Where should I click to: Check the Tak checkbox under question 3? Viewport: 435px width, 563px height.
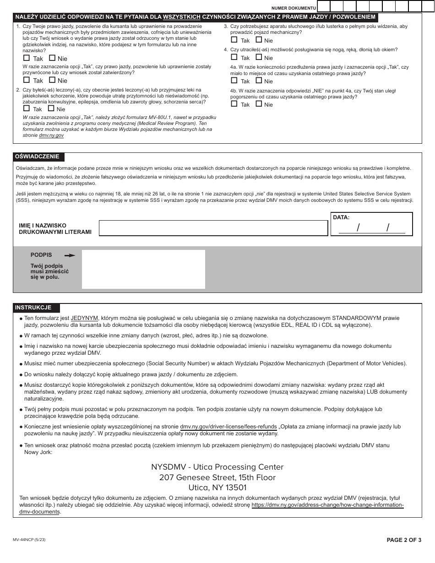tap(234, 40)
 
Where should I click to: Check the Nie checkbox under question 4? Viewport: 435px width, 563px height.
tap(259, 58)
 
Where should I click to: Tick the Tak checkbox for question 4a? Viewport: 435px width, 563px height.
tap(234, 81)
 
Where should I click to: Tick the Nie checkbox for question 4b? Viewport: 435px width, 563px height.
tap(259, 104)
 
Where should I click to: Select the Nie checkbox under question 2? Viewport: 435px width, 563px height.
tap(51, 109)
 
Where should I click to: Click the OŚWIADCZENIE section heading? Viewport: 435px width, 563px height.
tap(37, 157)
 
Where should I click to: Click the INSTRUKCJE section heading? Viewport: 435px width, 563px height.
tap(33, 308)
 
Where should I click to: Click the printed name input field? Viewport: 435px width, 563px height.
tap(213, 228)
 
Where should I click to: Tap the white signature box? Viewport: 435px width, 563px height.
tap(143, 269)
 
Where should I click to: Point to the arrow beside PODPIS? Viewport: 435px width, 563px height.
tap(70, 255)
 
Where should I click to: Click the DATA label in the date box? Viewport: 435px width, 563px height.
tap(341, 217)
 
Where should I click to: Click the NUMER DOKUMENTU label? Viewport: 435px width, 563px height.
tap(293, 8)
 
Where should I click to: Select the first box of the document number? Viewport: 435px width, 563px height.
tap(323, 6)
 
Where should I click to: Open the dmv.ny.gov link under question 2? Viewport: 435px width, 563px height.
tap(51, 135)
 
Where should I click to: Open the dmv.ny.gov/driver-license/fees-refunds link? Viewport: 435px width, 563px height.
tap(228, 427)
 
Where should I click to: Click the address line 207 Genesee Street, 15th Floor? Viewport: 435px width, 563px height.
tap(217, 477)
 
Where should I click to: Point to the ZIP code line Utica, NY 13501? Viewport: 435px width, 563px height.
tap(217, 488)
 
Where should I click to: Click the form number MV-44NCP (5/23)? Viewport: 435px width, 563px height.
tap(29, 540)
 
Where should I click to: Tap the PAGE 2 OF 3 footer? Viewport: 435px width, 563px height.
tap(404, 540)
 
